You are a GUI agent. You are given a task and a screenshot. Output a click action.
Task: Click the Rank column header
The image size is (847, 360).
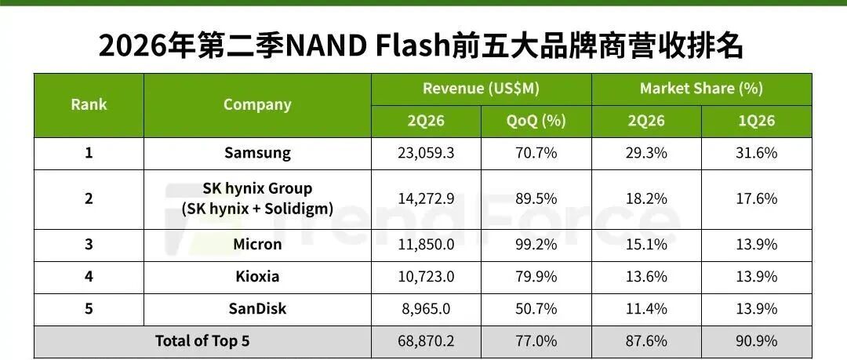click(x=89, y=104)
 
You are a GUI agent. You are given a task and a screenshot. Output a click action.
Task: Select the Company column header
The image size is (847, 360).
click(x=257, y=104)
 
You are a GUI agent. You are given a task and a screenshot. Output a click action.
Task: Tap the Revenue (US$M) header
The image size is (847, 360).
click(x=481, y=88)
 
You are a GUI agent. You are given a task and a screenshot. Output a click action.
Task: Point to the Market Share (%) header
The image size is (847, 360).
click(x=701, y=88)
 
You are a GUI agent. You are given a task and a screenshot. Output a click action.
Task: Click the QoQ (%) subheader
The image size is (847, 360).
click(x=536, y=120)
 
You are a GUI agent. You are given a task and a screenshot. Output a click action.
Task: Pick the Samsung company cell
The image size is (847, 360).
click(x=257, y=153)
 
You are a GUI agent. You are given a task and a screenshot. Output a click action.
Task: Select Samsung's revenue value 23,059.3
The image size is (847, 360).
click(x=426, y=153)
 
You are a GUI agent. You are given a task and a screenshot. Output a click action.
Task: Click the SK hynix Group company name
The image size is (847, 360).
click(x=257, y=189)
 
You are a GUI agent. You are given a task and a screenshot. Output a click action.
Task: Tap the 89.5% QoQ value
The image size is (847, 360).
click(x=536, y=198)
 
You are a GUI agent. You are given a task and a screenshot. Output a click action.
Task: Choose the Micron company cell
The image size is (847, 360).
click(x=257, y=244)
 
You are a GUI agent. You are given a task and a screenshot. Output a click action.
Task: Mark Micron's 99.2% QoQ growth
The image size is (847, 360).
click(x=536, y=245)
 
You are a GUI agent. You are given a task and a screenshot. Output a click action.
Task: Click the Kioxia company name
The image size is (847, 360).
click(x=257, y=276)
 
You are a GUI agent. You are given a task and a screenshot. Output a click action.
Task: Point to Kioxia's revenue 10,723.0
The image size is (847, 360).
click(x=426, y=277)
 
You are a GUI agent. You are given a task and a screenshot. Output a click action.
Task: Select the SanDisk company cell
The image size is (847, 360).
click(x=257, y=308)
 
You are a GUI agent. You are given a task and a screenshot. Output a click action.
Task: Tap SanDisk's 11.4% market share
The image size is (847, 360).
click(x=646, y=309)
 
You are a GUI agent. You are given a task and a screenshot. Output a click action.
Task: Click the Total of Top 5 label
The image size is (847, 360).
click(x=202, y=340)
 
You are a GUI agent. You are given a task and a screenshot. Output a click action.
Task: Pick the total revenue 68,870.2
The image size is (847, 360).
click(x=426, y=341)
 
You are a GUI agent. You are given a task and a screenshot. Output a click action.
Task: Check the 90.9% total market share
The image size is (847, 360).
click(x=756, y=341)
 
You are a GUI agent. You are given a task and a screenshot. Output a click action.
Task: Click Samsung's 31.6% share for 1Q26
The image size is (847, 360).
click(x=756, y=153)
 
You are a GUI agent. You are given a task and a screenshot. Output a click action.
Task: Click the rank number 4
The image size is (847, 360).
click(x=89, y=277)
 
